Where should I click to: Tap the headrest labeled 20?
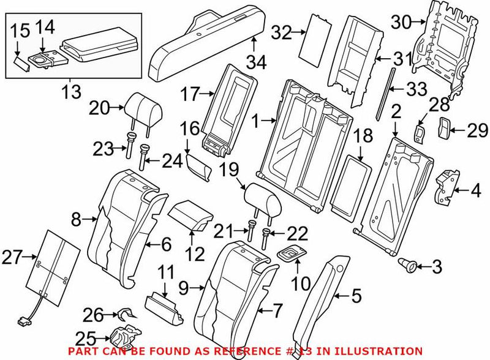pos(145,108)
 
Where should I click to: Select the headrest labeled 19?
pos(262,197)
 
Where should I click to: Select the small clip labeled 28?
pos(420,132)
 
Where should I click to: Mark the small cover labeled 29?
pos(443,127)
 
